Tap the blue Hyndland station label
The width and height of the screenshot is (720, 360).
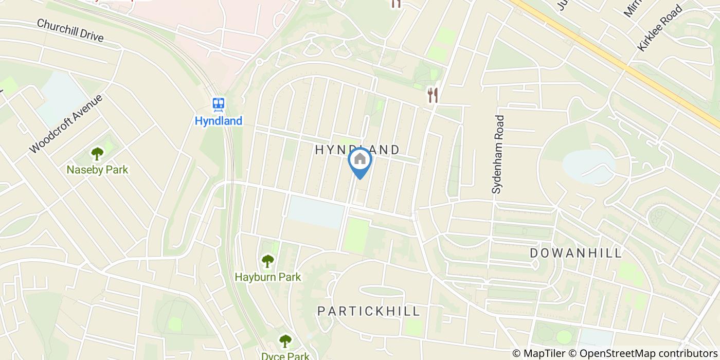[x=219, y=121]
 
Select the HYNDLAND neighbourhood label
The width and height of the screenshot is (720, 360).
[x=357, y=150]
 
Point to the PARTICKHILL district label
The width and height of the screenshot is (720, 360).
[x=369, y=311]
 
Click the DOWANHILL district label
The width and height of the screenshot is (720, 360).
[x=576, y=253]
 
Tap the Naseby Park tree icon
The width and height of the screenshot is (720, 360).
[x=97, y=153]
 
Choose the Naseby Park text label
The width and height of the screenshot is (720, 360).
[x=97, y=170]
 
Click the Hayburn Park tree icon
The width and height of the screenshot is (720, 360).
[x=267, y=261]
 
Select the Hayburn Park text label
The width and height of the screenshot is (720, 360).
[x=267, y=277]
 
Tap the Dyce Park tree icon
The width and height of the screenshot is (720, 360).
[x=285, y=341]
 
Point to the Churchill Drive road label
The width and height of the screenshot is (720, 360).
[x=70, y=31]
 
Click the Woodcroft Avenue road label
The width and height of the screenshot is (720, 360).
[x=66, y=123]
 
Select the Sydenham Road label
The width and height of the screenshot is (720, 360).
[x=498, y=154]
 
